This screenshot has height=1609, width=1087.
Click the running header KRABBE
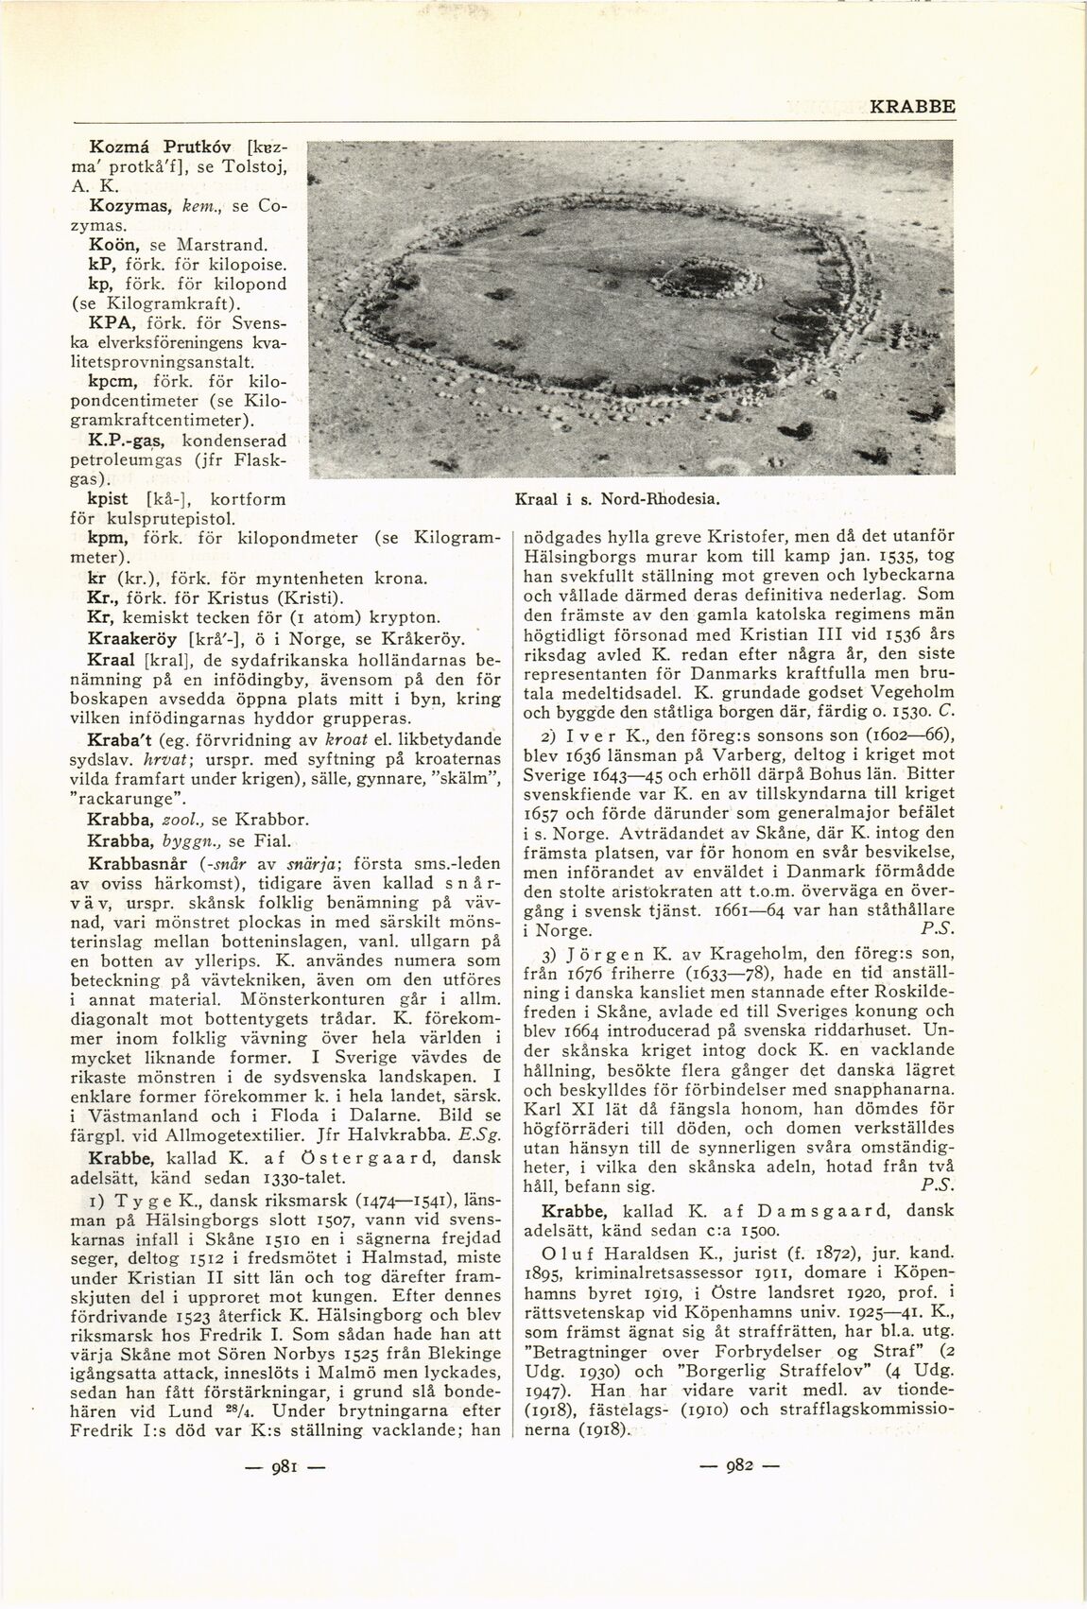coord(912,108)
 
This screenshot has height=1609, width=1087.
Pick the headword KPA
coord(108,322)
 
